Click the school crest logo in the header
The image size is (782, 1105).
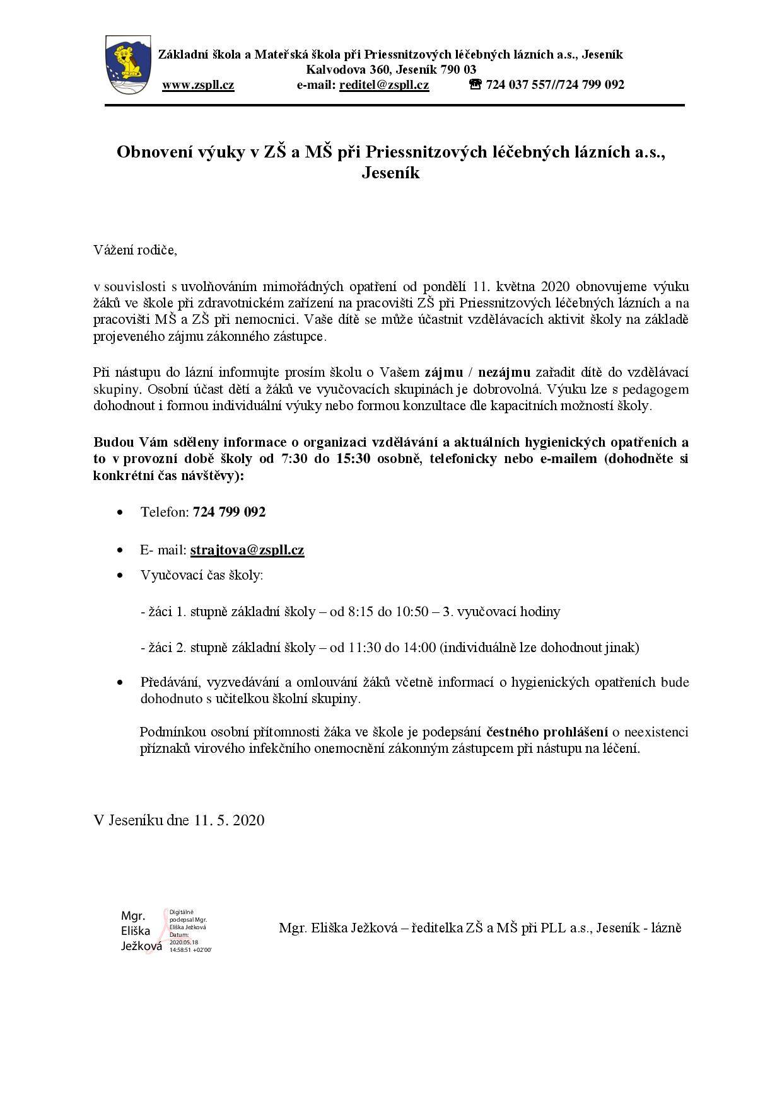[129, 66]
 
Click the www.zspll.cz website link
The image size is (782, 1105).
[198, 85]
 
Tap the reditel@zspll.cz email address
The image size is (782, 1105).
[384, 85]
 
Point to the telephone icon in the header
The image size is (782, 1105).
[476, 84]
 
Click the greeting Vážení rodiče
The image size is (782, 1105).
[136, 250]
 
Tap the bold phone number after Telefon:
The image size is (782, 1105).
[230, 512]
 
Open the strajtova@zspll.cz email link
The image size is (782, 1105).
[247, 550]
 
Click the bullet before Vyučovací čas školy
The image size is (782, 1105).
[120, 576]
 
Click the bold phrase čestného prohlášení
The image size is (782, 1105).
[547, 732]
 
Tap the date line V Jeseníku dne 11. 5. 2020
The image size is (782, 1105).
[179, 820]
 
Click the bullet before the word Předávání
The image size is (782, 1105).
[120, 683]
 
